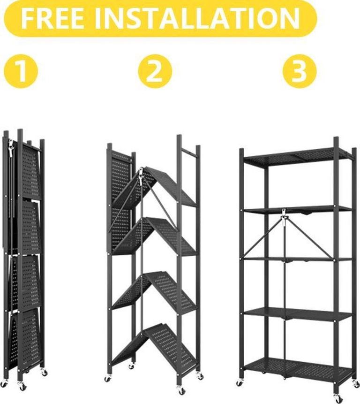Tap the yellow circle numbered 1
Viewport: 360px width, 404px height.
tap(21, 71)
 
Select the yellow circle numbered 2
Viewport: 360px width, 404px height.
tap(155, 71)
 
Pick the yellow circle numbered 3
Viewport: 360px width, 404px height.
tap(299, 71)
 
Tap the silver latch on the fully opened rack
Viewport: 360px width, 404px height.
tap(284, 216)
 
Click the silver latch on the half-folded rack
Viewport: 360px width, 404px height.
tap(141, 176)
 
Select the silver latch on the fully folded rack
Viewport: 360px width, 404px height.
tap(11, 148)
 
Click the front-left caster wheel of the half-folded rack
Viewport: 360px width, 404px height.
tap(107, 378)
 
